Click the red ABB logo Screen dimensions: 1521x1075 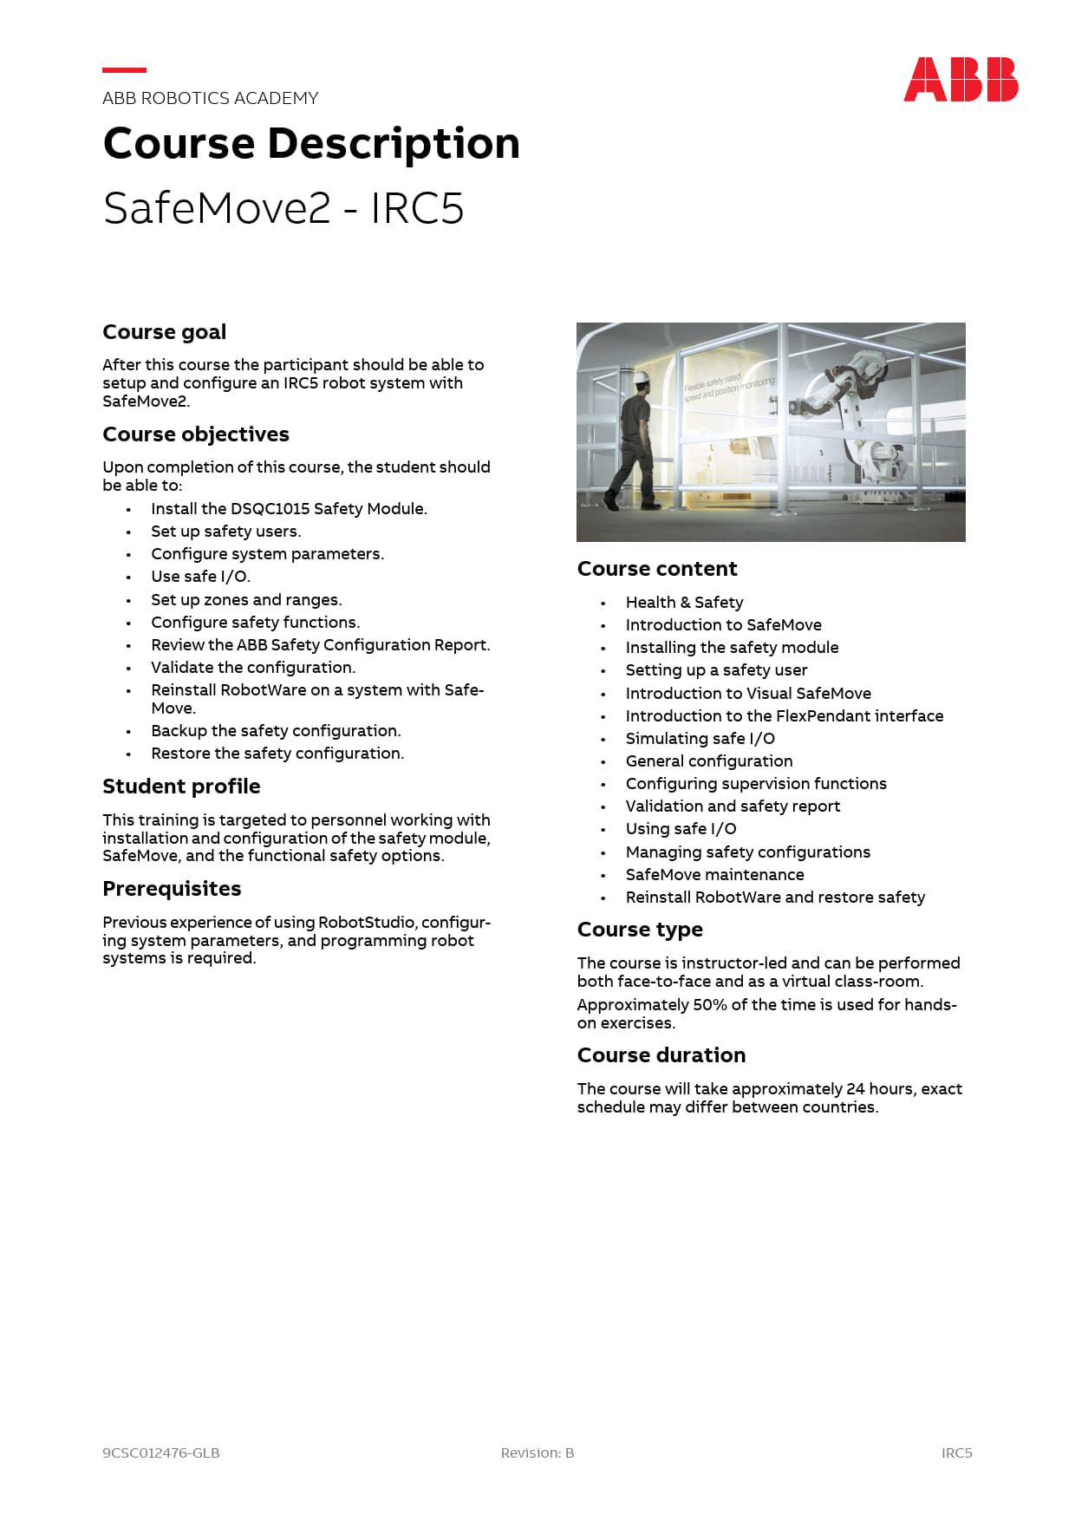click(x=961, y=80)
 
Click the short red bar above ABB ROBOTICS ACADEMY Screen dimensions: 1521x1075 click(x=124, y=70)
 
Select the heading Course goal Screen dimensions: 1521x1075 click(x=164, y=332)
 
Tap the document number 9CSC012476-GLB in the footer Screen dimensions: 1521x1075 click(x=160, y=1452)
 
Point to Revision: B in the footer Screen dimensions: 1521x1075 click(x=537, y=1452)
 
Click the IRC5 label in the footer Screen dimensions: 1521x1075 click(x=956, y=1452)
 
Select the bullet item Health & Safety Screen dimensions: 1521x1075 click(x=684, y=603)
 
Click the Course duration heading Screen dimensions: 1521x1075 click(x=661, y=1055)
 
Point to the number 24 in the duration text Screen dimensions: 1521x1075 click(x=856, y=1089)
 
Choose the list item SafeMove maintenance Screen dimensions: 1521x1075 click(x=714, y=875)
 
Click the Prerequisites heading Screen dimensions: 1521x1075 click(x=172, y=889)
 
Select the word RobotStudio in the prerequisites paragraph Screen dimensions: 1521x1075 click(x=368, y=923)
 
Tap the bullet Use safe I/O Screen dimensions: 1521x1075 click(x=200, y=577)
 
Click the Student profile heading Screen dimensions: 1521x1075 click(x=181, y=787)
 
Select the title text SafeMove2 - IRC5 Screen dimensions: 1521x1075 click(x=283, y=209)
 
